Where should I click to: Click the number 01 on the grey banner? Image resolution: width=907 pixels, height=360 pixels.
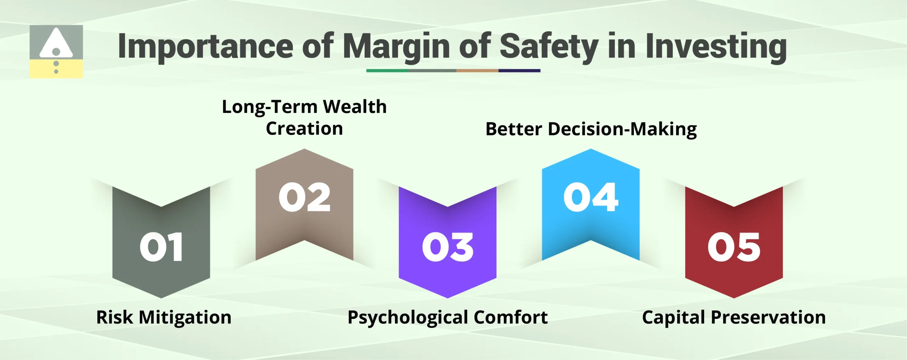[161, 247]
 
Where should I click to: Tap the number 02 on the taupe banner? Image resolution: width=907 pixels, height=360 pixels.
[304, 197]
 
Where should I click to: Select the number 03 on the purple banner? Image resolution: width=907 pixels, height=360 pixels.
[447, 247]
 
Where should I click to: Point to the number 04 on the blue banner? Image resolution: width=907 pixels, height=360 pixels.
[591, 197]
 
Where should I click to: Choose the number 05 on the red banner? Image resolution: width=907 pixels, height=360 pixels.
[734, 247]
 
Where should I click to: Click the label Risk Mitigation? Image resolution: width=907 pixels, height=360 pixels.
[164, 317]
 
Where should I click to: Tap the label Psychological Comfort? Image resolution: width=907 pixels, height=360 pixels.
[447, 317]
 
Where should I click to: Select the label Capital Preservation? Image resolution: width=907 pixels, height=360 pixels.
[734, 317]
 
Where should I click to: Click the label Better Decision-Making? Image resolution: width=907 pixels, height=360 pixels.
[591, 129]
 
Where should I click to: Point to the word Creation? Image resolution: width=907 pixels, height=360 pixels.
[304, 128]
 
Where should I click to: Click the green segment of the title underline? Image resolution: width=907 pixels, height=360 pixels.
[387, 71]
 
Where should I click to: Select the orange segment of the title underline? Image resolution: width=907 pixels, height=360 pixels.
[477, 71]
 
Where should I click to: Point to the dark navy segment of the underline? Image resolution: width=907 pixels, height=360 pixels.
[519, 71]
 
